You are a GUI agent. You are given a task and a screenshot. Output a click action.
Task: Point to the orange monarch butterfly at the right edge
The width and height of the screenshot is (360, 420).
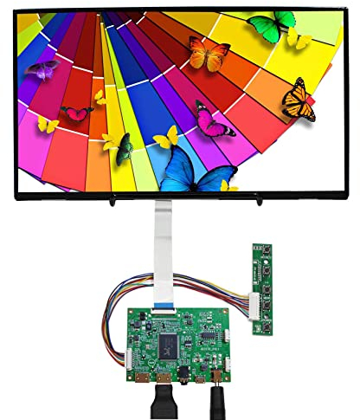tap(299, 100)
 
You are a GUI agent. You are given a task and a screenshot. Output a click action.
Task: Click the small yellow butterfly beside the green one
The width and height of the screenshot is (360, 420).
tap(299, 38)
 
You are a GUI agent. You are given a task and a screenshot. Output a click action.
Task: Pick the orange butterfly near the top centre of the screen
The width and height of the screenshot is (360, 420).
tap(209, 54)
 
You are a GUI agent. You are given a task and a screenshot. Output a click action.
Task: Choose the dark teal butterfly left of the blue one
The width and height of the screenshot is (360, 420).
tap(124, 152)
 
